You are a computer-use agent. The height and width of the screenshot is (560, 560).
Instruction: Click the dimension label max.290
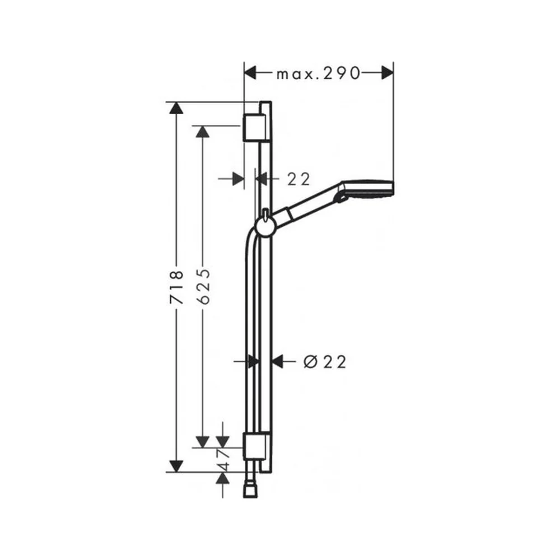(x=318, y=73)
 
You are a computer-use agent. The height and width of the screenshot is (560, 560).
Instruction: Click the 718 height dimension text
(x=177, y=287)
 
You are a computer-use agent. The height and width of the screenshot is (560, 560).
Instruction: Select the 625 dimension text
(x=204, y=286)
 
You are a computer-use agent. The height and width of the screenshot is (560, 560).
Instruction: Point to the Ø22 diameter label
(x=325, y=362)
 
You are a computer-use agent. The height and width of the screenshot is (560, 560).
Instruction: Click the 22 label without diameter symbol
(x=298, y=179)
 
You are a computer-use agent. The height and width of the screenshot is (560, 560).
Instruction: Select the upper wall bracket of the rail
(x=255, y=128)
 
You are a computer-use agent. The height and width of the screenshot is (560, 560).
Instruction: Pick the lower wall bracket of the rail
(x=255, y=446)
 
